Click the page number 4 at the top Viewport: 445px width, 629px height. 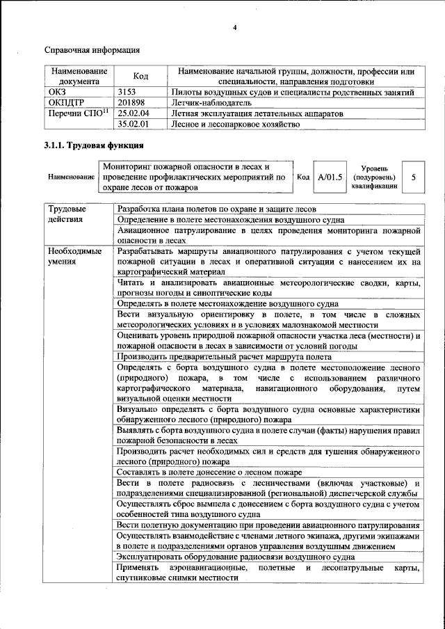(234, 27)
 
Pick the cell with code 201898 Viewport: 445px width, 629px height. (131, 102)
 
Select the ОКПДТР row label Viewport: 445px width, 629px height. (66, 102)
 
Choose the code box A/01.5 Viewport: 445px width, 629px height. (330, 177)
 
